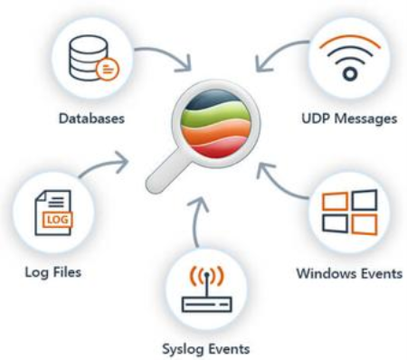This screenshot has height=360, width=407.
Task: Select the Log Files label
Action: point(51,271)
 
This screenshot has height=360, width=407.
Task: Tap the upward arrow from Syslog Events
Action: point(200,217)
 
